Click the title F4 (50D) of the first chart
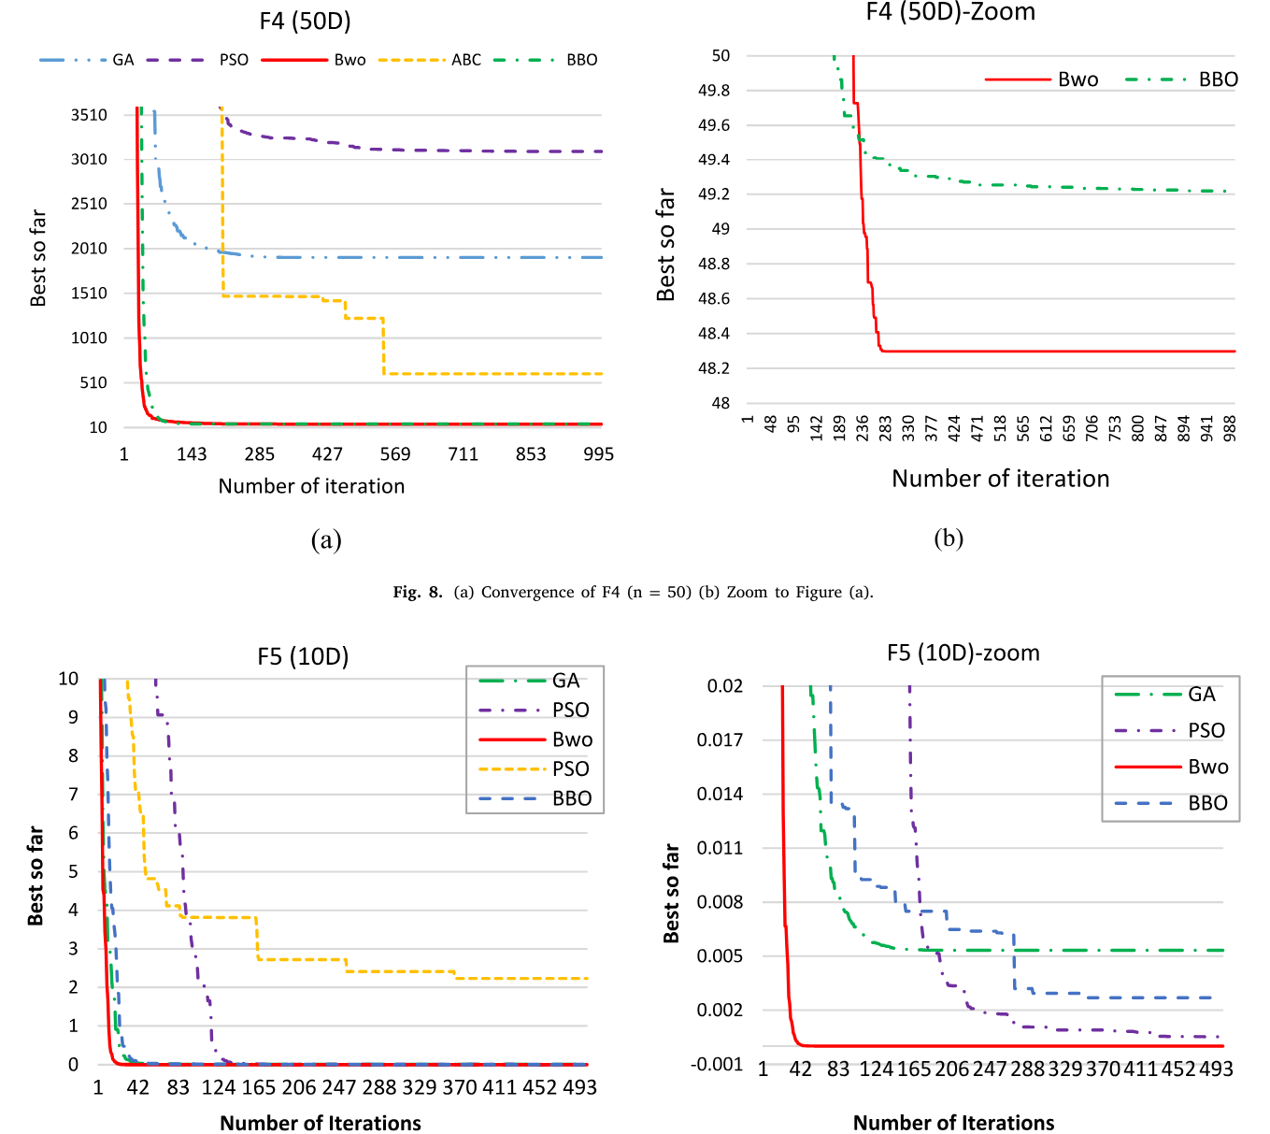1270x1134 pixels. pos(305,22)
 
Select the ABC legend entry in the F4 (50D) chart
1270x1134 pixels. pos(465,60)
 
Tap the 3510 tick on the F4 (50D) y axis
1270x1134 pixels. pos(90,115)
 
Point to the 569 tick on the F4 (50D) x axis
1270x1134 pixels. pos(395,454)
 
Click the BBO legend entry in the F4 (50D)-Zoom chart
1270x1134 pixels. pos(1218,79)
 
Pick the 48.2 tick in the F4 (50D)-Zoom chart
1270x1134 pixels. pos(715,368)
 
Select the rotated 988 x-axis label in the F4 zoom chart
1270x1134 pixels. pos(1230,427)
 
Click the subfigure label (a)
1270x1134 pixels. pos(326,539)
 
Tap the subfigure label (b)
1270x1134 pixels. pos(949,538)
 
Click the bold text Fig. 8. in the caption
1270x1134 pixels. pos(417,592)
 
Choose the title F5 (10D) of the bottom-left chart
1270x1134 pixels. pos(303,656)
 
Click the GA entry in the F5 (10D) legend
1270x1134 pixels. pos(565,681)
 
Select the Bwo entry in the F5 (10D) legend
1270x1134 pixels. pos(572,739)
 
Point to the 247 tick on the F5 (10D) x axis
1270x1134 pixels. pos(339,1087)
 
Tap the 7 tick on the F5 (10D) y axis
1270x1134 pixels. pos(73,794)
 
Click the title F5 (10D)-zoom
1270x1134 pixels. pos(963,653)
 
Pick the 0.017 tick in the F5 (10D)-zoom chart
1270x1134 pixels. pos(721,739)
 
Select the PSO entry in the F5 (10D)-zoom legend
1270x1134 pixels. pos(1206,730)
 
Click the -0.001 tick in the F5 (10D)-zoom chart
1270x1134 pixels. pos(717,1064)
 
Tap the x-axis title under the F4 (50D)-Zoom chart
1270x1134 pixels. pos(1000,479)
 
